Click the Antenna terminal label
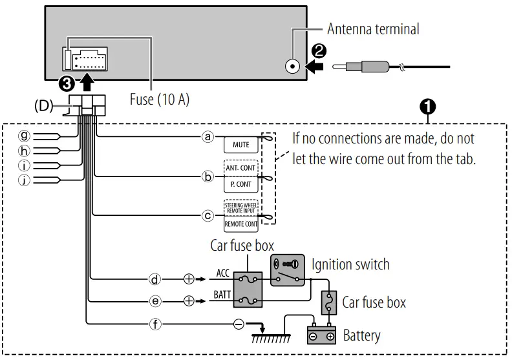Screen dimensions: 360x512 [x=372, y=29]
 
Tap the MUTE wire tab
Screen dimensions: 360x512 [x=240, y=145]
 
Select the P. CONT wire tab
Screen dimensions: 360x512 [x=240, y=184]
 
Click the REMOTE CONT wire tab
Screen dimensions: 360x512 [x=240, y=224]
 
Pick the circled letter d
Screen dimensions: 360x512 [x=155, y=279]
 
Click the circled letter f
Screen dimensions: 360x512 [x=155, y=324]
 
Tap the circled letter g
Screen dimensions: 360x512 [x=25, y=136]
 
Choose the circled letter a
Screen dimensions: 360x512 [x=208, y=137]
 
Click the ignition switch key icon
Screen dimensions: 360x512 [x=286, y=264]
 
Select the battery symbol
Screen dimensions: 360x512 [x=321, y=335]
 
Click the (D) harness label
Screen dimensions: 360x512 [x=43, y=105]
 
